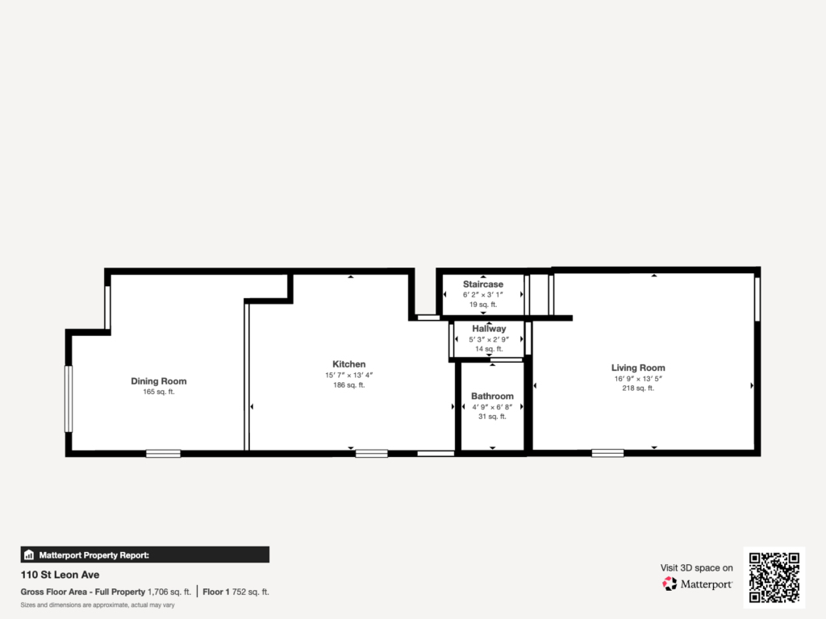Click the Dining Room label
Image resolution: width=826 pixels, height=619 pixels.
[x=159, y=381]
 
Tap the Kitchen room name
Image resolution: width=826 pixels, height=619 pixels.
[x=348, y=364]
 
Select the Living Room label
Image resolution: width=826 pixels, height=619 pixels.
[x=638, y=368]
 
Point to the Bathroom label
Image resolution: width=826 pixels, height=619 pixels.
[x=492, y=397]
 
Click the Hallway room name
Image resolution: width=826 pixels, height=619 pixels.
[x=489, y=329]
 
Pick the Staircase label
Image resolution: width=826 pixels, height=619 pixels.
[x=483, y=285]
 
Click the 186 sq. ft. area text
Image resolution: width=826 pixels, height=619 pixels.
[x=348, y=385]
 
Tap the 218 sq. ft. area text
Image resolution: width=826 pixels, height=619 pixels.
[x=638, y=388]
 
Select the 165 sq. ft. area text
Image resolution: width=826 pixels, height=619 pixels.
[x=159, y=393]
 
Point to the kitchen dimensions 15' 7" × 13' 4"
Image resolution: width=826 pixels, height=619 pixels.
[x=348, y=376]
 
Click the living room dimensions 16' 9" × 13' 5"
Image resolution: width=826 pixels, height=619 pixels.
[x=638, y=379]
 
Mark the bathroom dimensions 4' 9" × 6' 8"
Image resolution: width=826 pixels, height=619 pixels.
[x=492, y=407]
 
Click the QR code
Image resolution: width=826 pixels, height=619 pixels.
[x=774, y=577]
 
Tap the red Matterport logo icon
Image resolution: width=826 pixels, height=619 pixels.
[x=670, y=584]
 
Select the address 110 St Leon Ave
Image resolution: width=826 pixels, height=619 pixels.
[x=60, y=575]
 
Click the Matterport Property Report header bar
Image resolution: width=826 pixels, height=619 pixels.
[x=145, y=555]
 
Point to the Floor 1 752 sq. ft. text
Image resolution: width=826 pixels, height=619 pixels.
[x=236, y=592]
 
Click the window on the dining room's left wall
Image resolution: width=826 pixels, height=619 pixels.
[x=69, y=399]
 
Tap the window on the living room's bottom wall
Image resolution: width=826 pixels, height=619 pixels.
[x=607, y=453]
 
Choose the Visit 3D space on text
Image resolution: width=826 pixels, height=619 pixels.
[x=696, y=568]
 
